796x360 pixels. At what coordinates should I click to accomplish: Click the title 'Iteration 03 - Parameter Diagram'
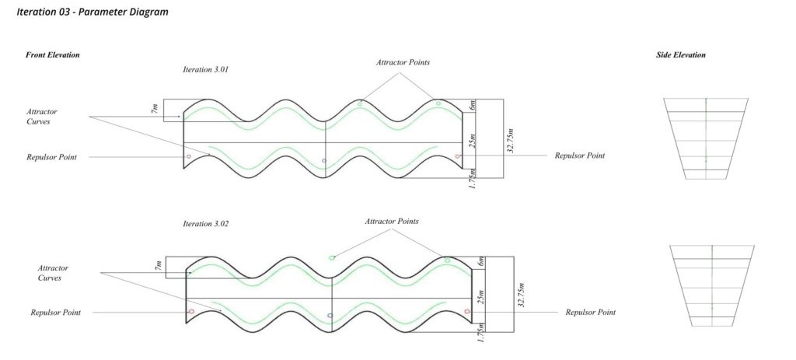pos(93,12)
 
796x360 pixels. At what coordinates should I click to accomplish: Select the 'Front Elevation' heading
pos(53,55)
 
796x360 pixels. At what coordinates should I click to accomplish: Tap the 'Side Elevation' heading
pos(681,55)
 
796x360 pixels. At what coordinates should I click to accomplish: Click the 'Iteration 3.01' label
pos(205,69)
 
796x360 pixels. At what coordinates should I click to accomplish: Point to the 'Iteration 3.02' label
pos(205,223)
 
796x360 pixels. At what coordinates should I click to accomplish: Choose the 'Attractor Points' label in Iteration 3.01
pos(403,62)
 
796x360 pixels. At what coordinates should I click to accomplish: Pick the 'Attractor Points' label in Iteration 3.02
pos(392,222)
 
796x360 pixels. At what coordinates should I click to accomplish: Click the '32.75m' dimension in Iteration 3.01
pos(511,140)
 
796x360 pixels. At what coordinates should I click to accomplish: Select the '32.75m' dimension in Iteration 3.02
pos(522,295)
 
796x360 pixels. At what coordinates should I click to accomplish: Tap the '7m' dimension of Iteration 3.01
pos(155,108)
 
